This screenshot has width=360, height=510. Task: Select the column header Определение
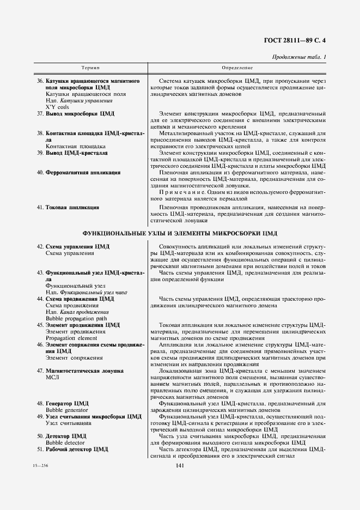pos(237,68)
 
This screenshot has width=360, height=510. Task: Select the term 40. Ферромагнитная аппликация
pos(78,172)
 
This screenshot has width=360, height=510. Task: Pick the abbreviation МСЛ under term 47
pos(52,377)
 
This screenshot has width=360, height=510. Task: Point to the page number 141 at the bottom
pos(180,465)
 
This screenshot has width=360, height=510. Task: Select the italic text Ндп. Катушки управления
pos(79,100)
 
